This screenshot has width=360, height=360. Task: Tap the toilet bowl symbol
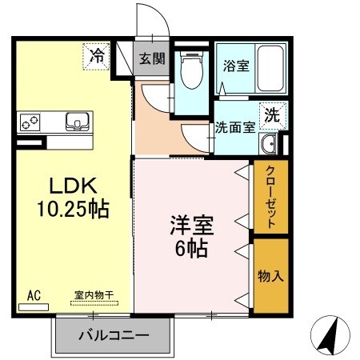191,74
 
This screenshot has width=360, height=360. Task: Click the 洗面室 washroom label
235,127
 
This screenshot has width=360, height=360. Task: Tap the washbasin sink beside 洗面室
270,146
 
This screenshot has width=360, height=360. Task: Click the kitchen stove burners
31,122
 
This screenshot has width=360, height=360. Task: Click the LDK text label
74,186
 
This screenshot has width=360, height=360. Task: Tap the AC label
34,294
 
